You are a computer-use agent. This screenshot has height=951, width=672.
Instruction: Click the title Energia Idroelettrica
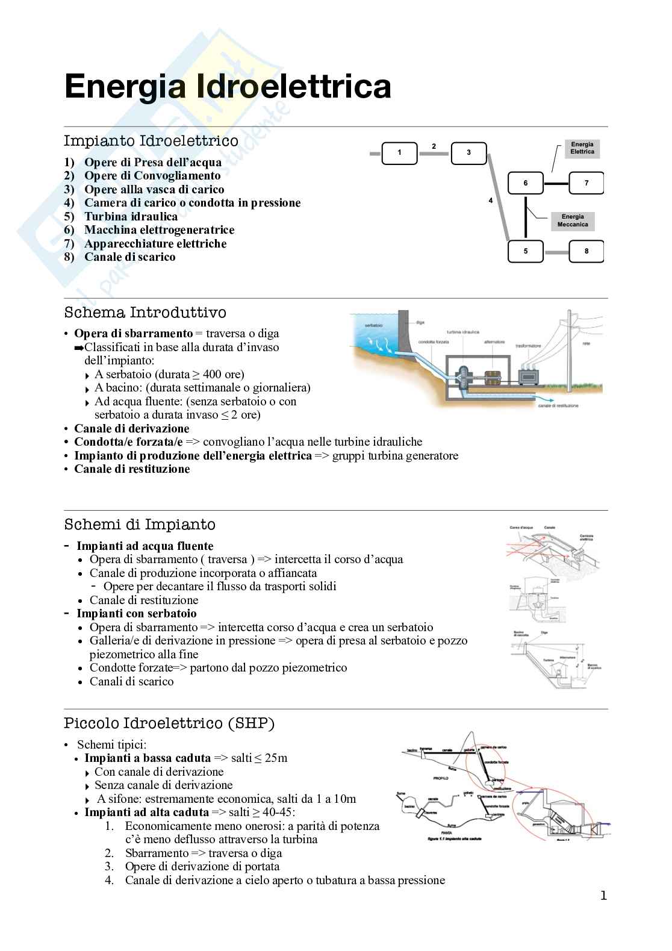point(228,86)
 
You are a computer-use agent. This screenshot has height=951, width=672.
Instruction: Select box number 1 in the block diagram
point(399,152)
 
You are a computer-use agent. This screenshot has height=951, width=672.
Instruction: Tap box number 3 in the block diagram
point(468,152)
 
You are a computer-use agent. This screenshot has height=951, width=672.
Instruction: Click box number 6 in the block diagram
point(525,183)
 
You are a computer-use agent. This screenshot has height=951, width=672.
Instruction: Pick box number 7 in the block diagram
point(586,183)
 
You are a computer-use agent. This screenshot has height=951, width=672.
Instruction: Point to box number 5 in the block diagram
point(525,251)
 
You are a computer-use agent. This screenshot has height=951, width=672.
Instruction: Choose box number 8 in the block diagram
point(586,251)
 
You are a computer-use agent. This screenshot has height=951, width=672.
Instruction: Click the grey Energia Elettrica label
point(582,148)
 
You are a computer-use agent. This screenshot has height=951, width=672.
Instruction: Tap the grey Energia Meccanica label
point(573,220)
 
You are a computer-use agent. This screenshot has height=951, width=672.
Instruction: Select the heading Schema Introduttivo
point(145,313)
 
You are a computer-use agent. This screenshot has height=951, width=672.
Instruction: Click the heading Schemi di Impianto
point(140,525)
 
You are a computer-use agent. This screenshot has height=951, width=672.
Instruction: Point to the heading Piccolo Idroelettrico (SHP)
point(169,723)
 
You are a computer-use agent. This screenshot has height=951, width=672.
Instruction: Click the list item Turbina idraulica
point(131,216)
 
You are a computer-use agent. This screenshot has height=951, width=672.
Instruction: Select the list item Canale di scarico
point(129,257)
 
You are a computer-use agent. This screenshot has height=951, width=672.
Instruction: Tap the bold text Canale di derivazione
point(131,429)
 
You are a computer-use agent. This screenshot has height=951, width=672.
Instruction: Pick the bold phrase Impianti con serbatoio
point(136,614)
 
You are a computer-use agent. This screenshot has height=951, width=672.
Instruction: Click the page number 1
point(603,896)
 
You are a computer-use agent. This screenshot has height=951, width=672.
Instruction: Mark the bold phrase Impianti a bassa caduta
point(148,758)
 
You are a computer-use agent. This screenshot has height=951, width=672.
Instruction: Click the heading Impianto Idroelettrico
point(151,141)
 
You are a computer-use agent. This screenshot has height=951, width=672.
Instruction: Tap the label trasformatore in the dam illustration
point(528,346)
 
